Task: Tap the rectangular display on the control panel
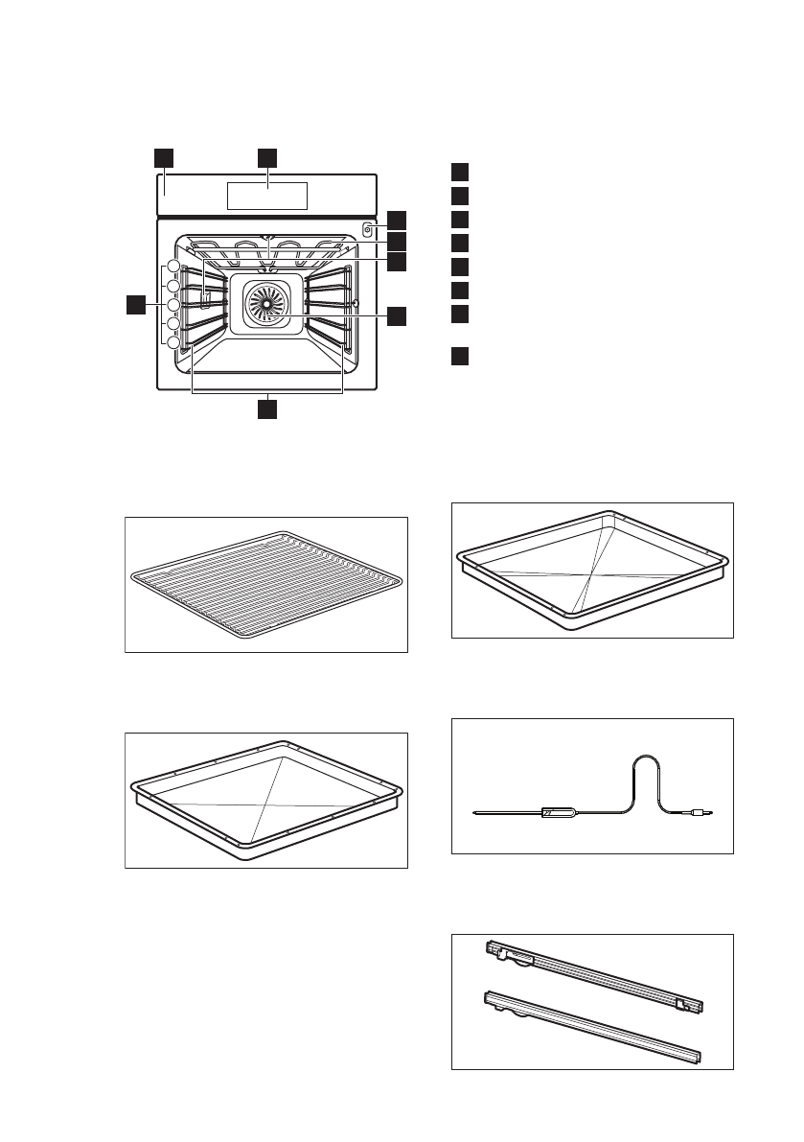[x=267, y=196]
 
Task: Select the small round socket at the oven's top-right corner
[x=367, y=229]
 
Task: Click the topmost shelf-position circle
[x=173, y=267]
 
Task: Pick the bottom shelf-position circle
[x=173, y=343]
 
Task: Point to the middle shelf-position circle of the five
[x=173, y=305]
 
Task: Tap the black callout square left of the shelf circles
[x=136, y=305]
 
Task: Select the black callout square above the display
[x=267, y=156]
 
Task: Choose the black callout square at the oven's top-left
[x=164, y=156]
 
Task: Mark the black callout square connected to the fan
[x=397, y=315]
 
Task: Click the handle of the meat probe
[x=558, y=813]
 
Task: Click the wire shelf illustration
[x=266, y=585]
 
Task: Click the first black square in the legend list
[x=460, y=172]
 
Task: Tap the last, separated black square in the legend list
[x=460, y=358]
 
